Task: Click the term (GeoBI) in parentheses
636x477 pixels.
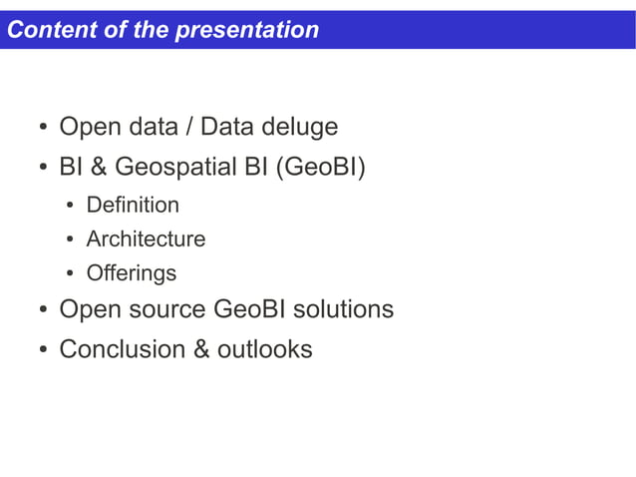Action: click(x=319, y=168)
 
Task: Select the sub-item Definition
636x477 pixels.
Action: click(x=133, y=206)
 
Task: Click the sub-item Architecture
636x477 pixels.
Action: click(x=146, y=239)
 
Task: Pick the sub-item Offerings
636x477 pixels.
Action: click(x=131, y=273)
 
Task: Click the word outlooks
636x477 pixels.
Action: click(x=264, y=349)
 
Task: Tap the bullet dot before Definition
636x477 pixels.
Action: click(x=72, y=207)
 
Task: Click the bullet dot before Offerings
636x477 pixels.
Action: click(x=72, y=274)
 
